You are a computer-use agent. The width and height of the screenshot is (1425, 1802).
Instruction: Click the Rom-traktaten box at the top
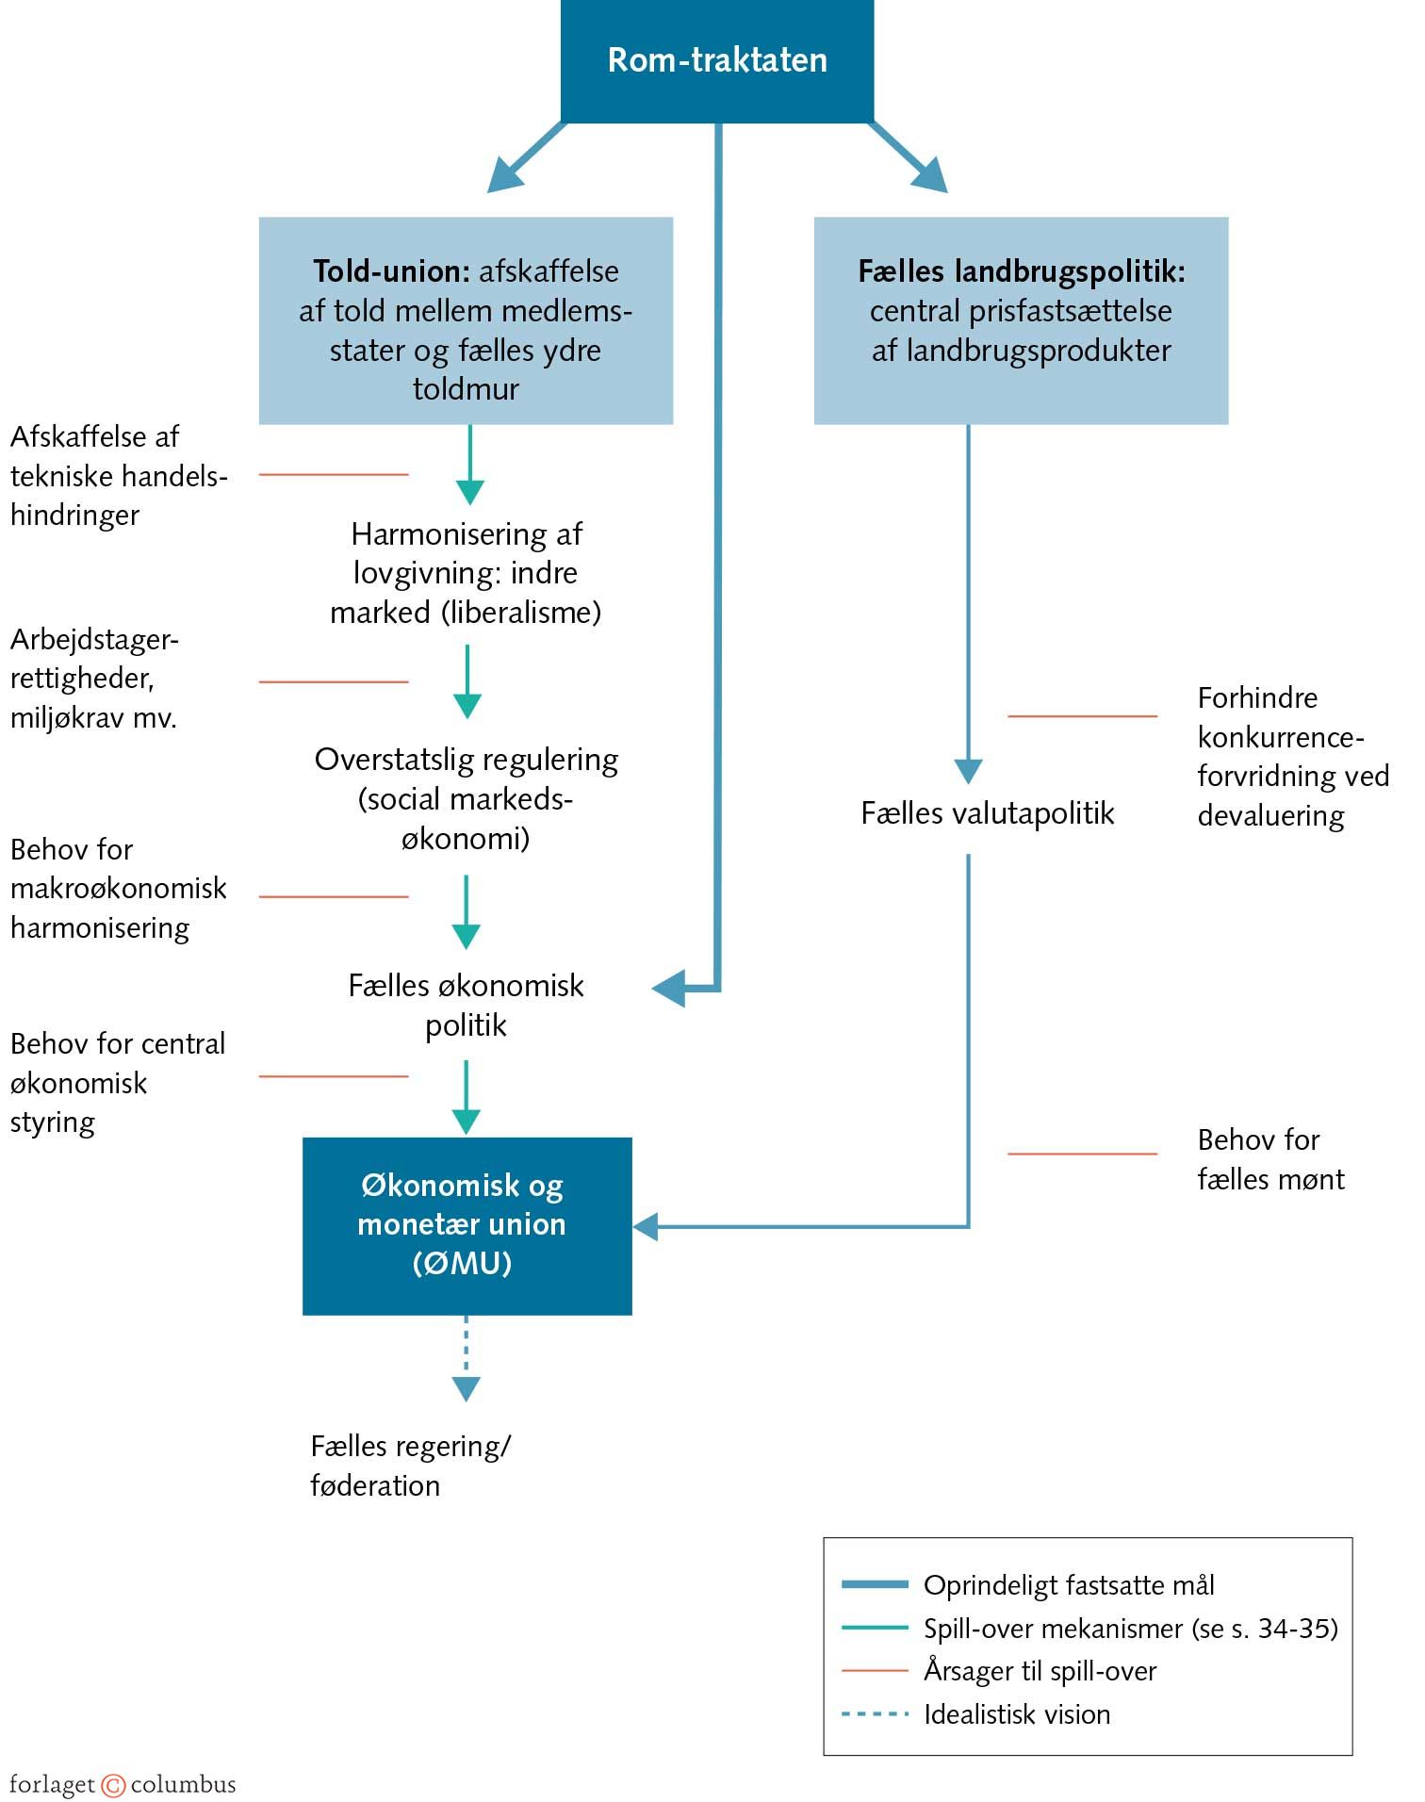(716, 60)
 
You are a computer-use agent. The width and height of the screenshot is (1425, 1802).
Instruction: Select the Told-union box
(466, 320)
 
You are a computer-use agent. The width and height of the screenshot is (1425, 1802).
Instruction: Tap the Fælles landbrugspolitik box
(1021, 320)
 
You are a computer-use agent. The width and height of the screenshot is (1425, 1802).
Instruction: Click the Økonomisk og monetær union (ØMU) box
(467, 1225)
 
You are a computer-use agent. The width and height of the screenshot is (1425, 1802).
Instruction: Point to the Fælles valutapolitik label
(987, 813)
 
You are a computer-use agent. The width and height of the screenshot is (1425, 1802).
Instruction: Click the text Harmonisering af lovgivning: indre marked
(466, 573)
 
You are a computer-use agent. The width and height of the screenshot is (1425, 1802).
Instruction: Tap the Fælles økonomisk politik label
(466, 1005)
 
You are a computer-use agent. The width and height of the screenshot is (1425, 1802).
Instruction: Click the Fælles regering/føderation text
(410, 1466)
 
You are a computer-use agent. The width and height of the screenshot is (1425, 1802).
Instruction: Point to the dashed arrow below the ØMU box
(467, 1357)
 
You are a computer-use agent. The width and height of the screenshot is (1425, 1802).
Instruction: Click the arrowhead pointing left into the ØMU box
(646, 1227)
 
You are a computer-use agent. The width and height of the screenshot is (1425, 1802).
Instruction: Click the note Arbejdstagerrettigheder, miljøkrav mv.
(94, 679)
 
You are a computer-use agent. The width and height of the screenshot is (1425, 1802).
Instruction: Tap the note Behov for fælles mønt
(1269, 1159)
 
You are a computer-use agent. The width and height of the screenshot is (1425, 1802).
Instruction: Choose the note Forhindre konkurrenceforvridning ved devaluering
(1291, 757)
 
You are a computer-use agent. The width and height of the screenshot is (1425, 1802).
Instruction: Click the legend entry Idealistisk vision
(1016, 1714)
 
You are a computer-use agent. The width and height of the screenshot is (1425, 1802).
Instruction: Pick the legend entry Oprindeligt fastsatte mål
(1068, 1585)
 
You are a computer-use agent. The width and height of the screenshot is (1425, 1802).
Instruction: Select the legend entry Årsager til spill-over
(1039, 1671)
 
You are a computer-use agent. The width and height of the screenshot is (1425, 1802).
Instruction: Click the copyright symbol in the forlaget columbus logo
(113, 1785)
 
